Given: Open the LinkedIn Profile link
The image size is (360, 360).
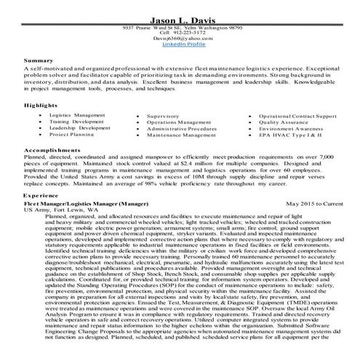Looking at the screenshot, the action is click(x=182, y=44).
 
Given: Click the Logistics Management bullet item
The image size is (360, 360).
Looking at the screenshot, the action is click(x=77, y=115).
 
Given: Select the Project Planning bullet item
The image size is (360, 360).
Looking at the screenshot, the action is click(x=72, y=135).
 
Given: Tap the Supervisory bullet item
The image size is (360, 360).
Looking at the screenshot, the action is click(x=163, y=116).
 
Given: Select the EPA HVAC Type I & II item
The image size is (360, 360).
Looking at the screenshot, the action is click(x=289, y=135).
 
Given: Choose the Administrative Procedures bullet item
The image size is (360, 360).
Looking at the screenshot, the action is click(x=181, y=129).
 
